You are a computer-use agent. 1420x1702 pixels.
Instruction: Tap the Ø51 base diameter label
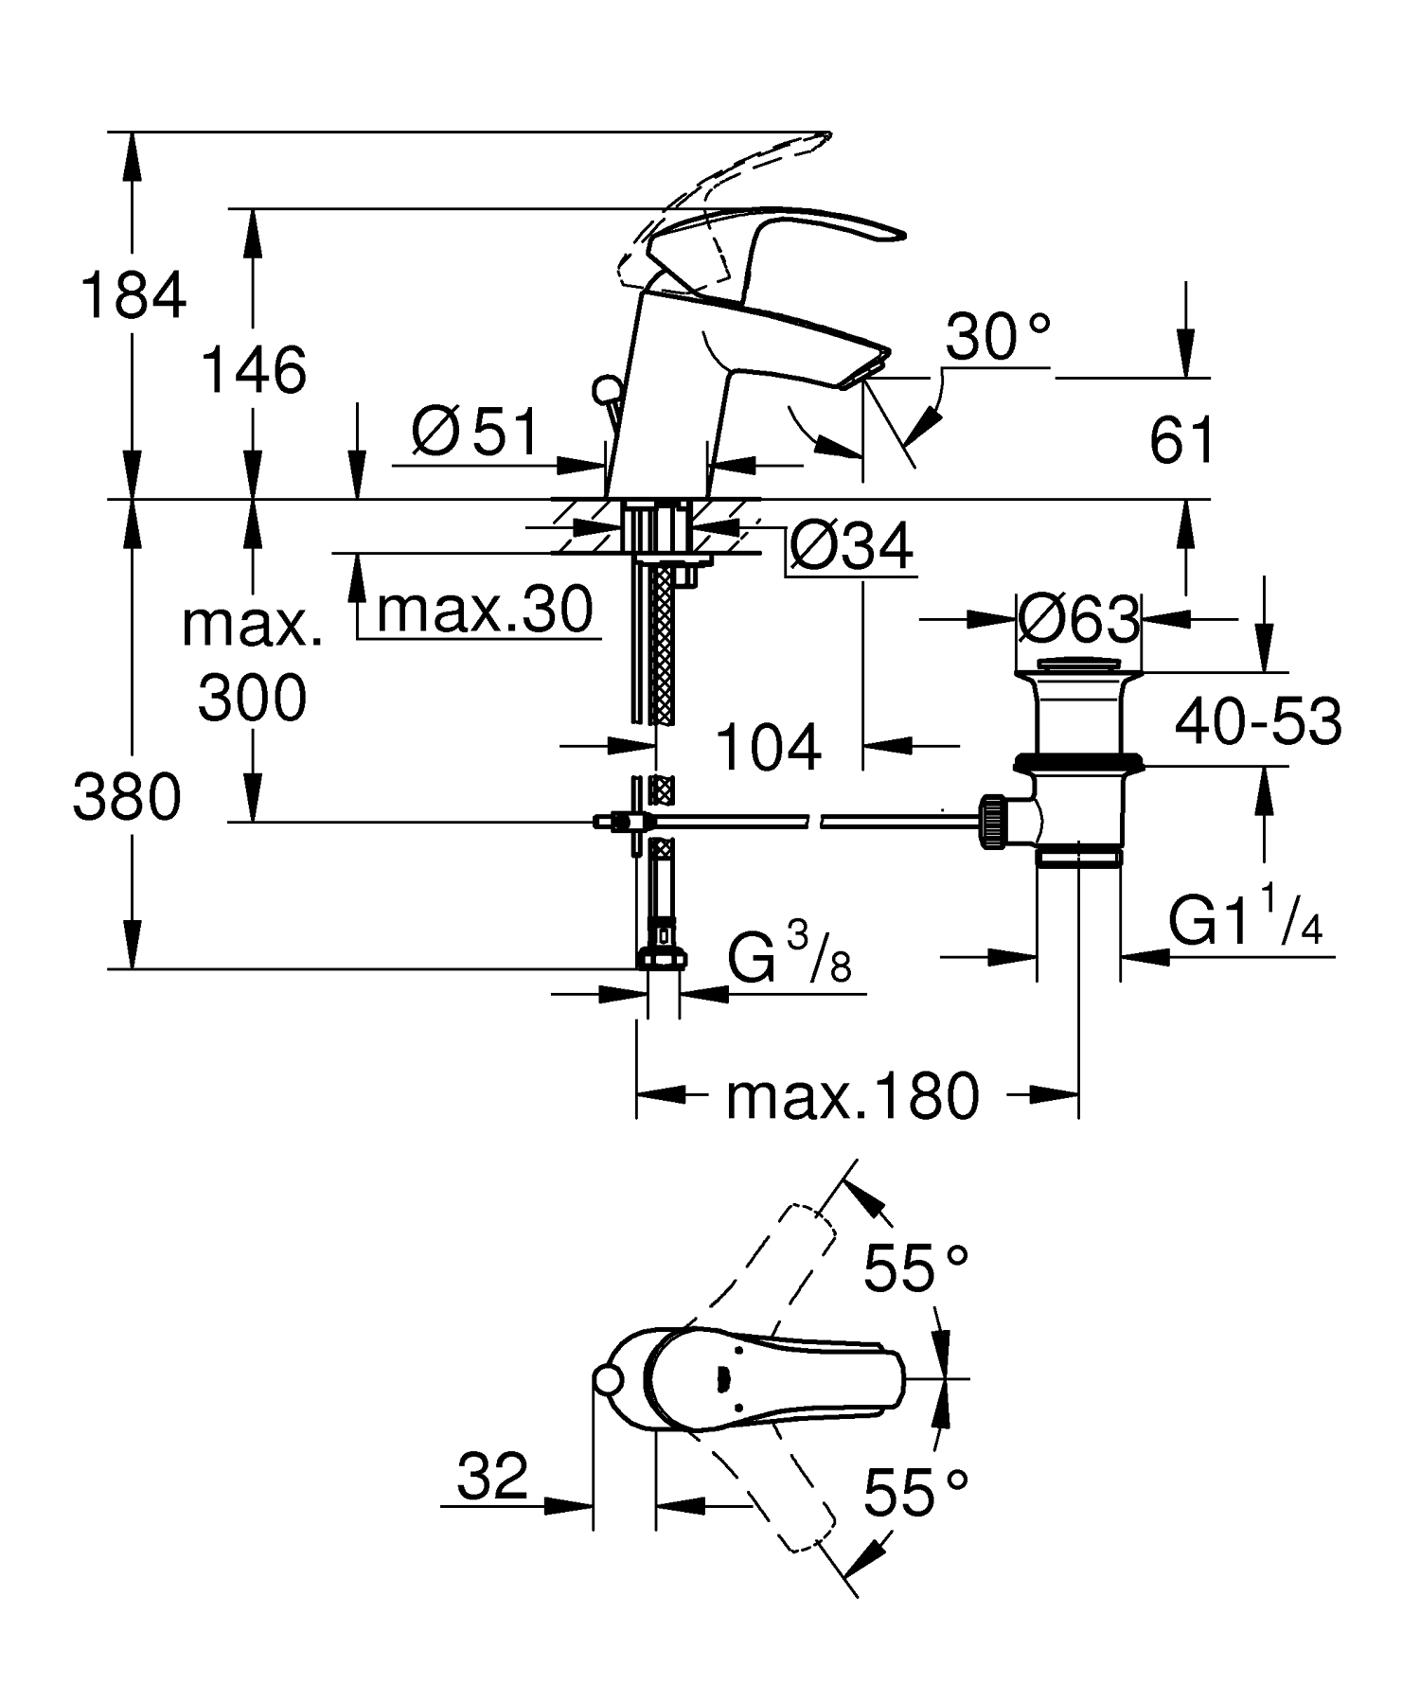pyautogui.click(x=475, y=433)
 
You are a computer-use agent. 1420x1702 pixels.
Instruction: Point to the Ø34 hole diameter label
pyautogui.click(x=850, y=545)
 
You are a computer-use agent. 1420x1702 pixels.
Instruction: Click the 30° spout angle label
pyautogui.click(x=997, y=338)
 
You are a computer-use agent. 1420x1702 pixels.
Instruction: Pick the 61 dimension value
pyautogui.click(x=1181, y=440)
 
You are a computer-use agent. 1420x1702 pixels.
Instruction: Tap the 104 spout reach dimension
pyautogui.click(x=768, y=747)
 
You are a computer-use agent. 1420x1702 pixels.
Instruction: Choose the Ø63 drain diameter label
pyautogui.click(x=1078, y=621)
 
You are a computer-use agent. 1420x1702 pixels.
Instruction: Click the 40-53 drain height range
pyautogui.click(x=1258, y=721)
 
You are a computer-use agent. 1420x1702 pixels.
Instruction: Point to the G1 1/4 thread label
pyautogui.click(x=1245, y=920)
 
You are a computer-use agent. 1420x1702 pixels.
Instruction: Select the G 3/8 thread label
pyautogui.click(x=789, y=955)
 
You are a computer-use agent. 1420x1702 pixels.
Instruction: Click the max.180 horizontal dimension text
pyautogui.click(x=852, y=1097)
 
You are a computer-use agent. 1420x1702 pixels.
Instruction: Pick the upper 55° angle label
pyautogui.click(x=914, y=1269)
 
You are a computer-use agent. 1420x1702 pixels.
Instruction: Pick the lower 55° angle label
pyautogui.click(x=914, y=1494)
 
